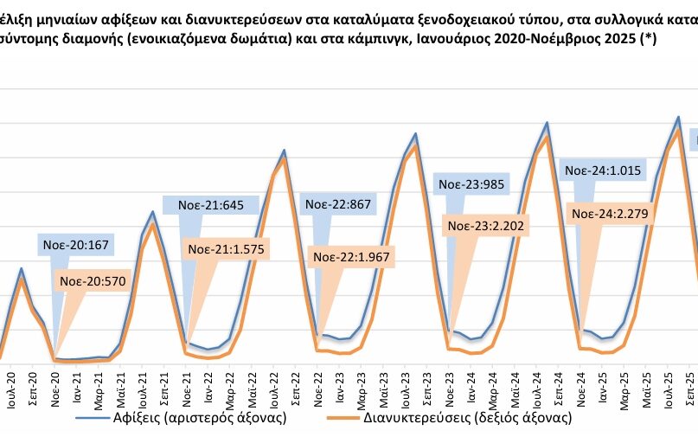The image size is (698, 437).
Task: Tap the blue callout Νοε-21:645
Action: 211,205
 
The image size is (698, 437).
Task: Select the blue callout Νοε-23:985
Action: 471,183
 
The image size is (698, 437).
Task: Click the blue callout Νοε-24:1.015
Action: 602,171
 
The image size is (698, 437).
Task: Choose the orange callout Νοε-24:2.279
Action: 612,214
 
